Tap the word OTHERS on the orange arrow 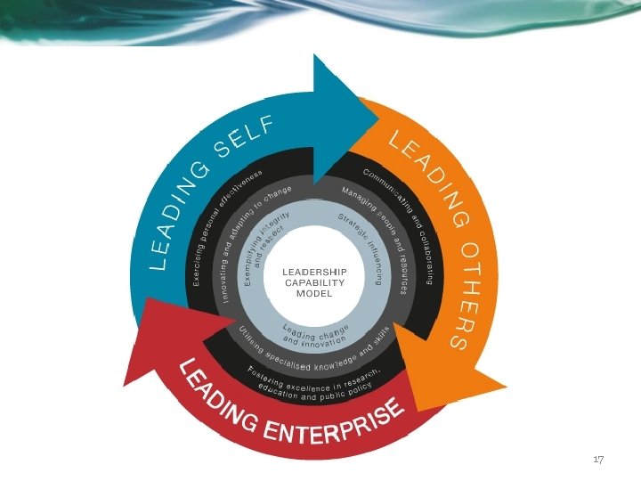point(465,293)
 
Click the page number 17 point(598,460)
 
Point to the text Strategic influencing point(365,246)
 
